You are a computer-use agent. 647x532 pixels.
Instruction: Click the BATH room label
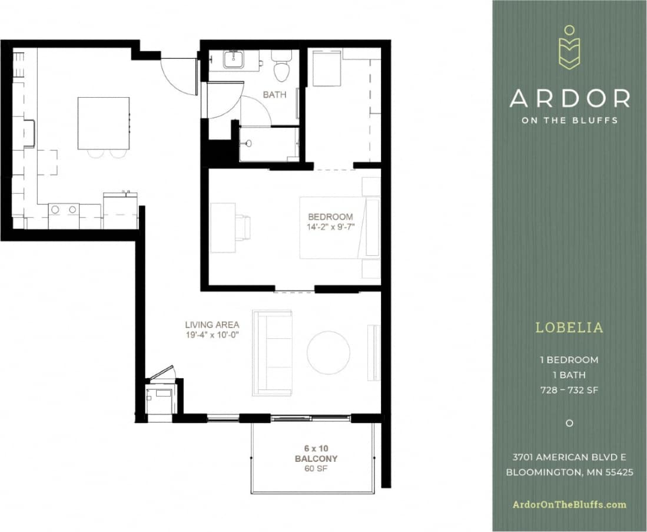point(274,94)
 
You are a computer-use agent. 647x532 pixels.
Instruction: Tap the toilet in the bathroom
point(281,67)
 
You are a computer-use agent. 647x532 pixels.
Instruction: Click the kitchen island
point(104,123)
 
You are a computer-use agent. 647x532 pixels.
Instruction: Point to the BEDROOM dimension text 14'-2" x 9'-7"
point(330,227)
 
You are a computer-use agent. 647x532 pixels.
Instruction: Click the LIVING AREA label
point(212,325)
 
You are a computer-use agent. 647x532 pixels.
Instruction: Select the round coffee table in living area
point(329,352)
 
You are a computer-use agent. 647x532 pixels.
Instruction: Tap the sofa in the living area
point(273,352)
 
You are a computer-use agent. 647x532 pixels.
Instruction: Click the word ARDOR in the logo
point(569,98)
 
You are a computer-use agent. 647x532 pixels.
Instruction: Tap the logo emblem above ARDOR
point(569,48)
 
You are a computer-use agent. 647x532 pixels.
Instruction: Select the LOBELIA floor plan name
point(569,328)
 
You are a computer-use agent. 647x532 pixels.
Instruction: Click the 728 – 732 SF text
point(569,389)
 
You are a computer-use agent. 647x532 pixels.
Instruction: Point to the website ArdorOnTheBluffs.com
point(569,504)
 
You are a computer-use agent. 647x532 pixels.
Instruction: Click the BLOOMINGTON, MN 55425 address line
point(569,472)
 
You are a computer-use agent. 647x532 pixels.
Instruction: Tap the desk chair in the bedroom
point(243,227)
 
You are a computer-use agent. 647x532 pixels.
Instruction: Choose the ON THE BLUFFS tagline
point(569,120)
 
